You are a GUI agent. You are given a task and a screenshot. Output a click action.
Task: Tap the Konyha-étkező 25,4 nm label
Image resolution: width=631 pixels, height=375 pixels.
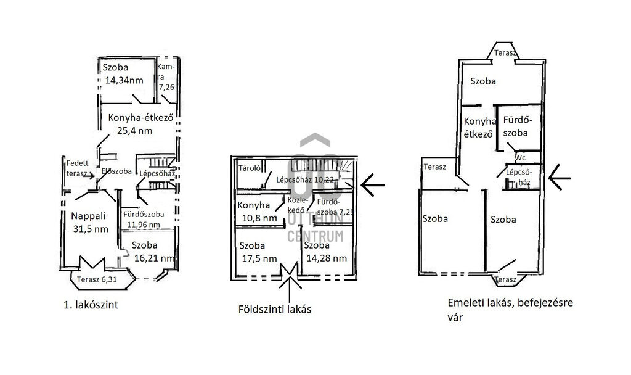(x=143, y=123)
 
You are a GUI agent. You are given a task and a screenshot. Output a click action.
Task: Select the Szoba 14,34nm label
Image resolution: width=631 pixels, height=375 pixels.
(x=122, y=74)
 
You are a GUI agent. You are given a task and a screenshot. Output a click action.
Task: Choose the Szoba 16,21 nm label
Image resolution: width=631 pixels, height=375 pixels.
(x=150, y=251)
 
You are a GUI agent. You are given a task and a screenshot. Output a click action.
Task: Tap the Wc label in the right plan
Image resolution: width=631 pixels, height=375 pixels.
(x=521, y=158)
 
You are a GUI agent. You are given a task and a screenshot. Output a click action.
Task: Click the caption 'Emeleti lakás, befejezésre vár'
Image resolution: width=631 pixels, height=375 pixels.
(x=511, y=310)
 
